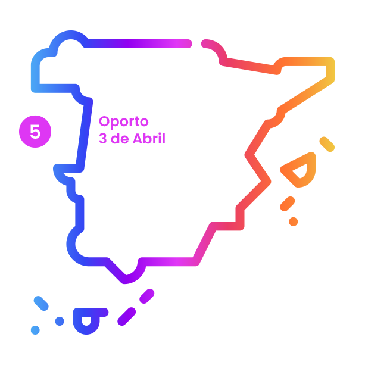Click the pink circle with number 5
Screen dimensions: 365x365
(x=35, y=132)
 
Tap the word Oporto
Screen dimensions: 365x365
(x=124, y=123)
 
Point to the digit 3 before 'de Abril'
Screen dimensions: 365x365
(x=102, y=139)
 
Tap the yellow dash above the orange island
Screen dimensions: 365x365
(x=327, y=143)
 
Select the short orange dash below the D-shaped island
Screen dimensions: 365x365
(x=288, y=204)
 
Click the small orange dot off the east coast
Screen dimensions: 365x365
(x=294, y=222)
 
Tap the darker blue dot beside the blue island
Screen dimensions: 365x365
(x=60, y=321)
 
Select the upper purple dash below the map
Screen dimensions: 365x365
(x=146, y=296)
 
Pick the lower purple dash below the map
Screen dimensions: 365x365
(x=127, y=317)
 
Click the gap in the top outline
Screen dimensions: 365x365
(x=196, y=43)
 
